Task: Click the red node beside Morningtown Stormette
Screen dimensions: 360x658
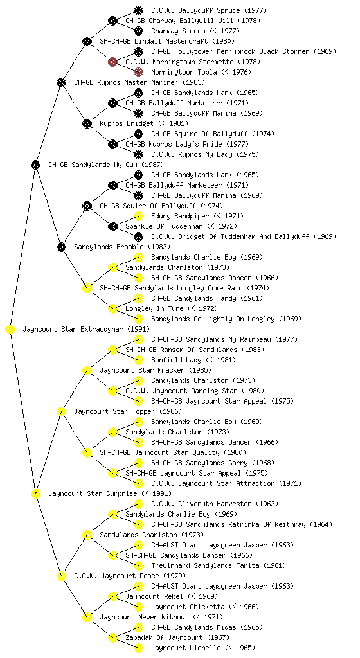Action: click(113, 62)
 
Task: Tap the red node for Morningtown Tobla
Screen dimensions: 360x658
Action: click(138, 72)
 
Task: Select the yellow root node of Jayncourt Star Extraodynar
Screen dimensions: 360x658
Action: click(10, 329)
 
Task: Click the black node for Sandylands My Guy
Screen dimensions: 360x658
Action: click(35, 164)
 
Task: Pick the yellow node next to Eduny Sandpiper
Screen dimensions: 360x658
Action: click(138, 216)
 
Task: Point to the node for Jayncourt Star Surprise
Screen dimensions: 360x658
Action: click(35, 493)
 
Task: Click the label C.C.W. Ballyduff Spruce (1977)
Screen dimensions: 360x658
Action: click(209, 10)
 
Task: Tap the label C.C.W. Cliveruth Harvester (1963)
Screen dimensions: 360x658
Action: click(213, 504)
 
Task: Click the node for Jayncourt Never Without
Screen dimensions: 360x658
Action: click(87, 617)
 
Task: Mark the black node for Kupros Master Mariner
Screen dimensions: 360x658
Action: click(61, 82)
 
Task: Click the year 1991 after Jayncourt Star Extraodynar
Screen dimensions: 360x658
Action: click(138, 329)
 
